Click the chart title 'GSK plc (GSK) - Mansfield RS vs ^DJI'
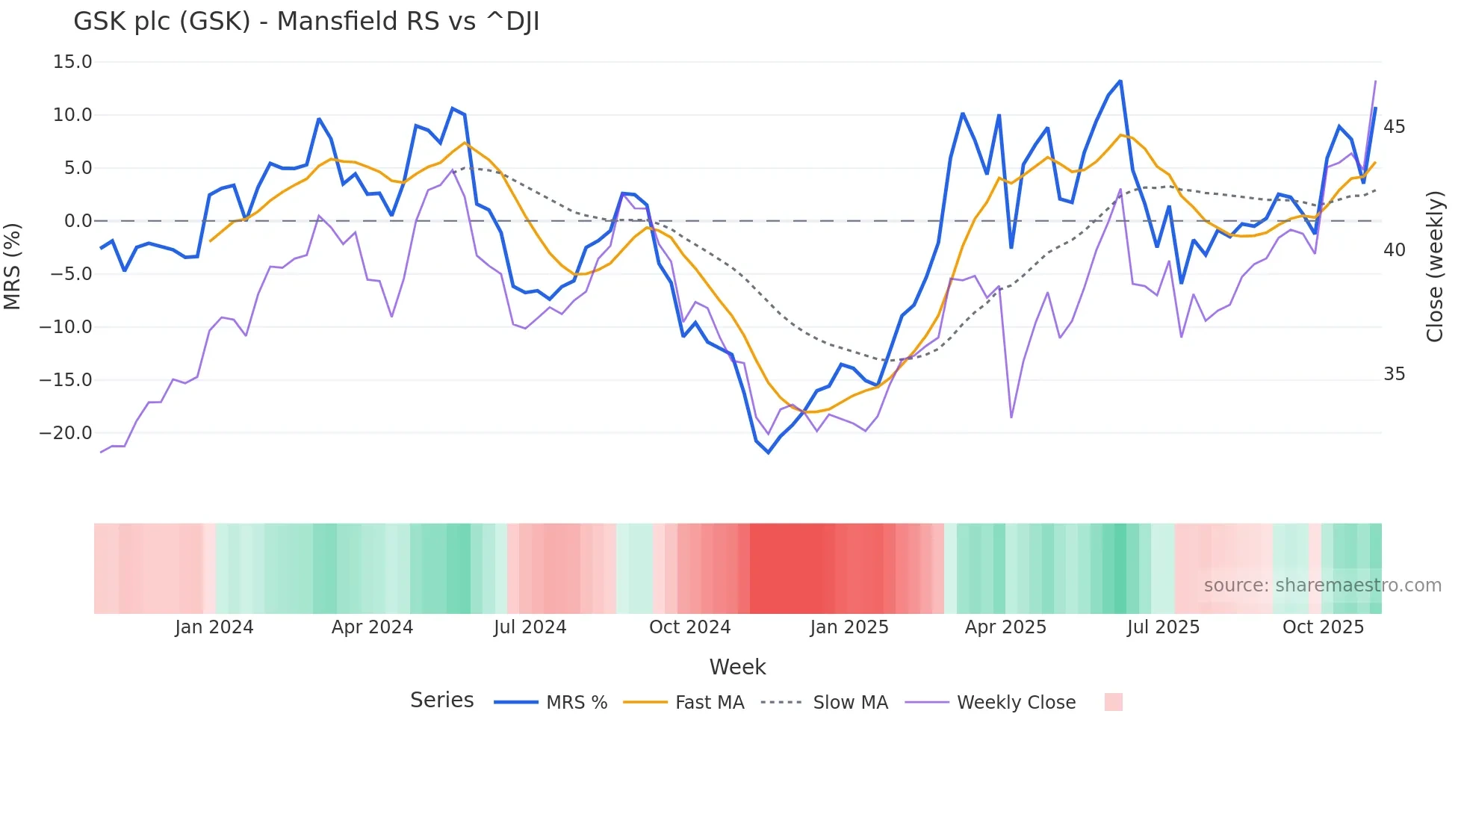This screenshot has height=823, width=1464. pyautogui.click(x=306, y=22)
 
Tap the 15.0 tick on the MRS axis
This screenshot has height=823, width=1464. pyautogui.click(x=72, y=62)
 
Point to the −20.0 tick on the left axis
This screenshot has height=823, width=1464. pyautogui.click(x=66, y=433)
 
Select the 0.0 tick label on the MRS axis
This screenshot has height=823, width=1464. pyautogui.click(x=78, y=221)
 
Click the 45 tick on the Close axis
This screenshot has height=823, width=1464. pyautogui.click(x=1394, y=127)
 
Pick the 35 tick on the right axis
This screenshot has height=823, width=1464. pyautogui.click(x=1394, y=374)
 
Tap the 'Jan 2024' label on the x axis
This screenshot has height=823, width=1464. pyautogui.click(x=214, y=627)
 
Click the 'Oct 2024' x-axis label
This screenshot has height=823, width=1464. pyautogui.click(x=689, y=627)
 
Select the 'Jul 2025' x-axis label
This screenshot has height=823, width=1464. pyautogui.click(x=1163, y=627)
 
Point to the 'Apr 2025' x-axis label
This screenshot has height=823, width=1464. pyautogui.click(x=1005, y=627)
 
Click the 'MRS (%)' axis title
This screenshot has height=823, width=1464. pyautogui.click(x=13, y=266)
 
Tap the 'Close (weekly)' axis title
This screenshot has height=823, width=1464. pyautogui.click(x=1435, y=266)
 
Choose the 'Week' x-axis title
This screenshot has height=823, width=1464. pyautogui.click(x=737, y=667)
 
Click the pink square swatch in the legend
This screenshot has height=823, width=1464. pyautogui.click(x=1113, y=702)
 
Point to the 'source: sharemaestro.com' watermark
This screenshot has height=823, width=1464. pyautogui.click(x=1322, y=586)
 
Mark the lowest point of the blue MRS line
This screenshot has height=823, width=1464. pyautogui.click(x=768, y=453)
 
